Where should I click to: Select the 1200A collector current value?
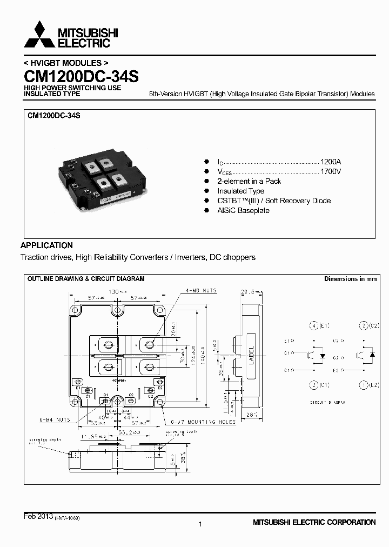tap(331, 162)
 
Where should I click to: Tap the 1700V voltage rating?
tap(331, 171)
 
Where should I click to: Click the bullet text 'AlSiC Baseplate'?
tap(243, 210)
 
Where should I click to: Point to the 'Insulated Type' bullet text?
tap(240, 191)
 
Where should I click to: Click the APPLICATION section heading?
tap(46, 245)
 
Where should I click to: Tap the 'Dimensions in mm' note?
tap(350, 279)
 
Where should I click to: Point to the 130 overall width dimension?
tap(115, 291)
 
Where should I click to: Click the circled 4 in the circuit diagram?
tap(313, 325)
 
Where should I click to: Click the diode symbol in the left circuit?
tap(323, 356)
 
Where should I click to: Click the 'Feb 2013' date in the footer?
tap(38, 517)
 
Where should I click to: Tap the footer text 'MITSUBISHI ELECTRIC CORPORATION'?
tap(314, 522)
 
